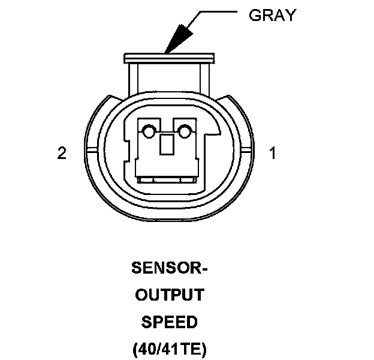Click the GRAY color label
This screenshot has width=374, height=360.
tap(272, 15)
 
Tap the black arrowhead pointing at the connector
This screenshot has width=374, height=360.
tap(177, 38)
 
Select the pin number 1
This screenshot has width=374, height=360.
tap(273, 154)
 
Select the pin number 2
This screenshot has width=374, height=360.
tap(61, 154)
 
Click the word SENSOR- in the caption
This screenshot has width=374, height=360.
tap(170, 268)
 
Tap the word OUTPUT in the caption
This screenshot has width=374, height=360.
tap(170, 295)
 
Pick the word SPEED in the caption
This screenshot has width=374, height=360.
tap(170, 322)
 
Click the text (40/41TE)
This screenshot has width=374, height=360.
tap(170, 349)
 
